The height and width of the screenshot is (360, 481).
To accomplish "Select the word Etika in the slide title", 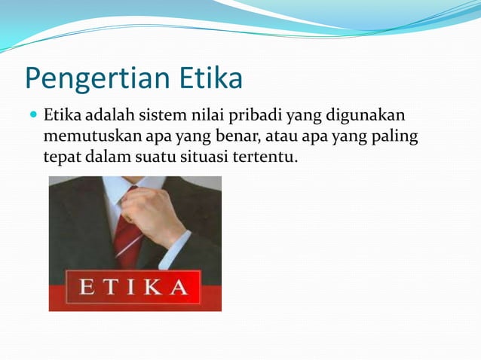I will pos(210,77).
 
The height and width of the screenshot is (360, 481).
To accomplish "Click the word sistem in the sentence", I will pos(159,116).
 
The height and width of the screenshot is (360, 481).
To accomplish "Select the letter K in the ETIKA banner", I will pos(155,288).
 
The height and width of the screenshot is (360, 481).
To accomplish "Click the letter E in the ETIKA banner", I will pos(84,288).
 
